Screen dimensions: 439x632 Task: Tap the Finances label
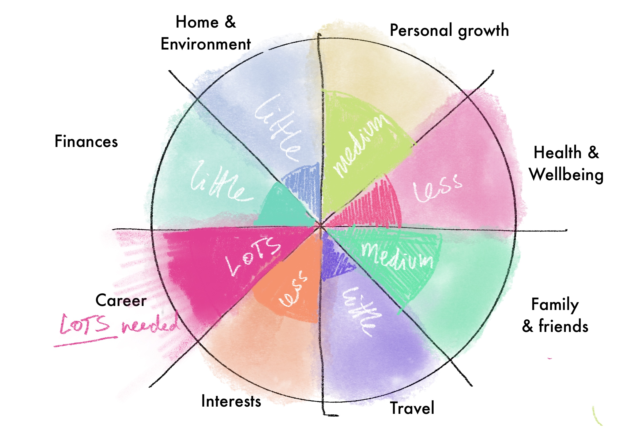coord(86,141)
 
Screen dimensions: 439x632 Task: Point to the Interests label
coord(231,401)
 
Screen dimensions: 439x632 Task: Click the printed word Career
coord(121,300)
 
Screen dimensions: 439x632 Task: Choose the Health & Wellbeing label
coord(566,163)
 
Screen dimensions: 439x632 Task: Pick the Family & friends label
coord(555,315)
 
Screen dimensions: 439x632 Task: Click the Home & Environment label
coord(205,33)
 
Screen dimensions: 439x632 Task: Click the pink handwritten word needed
coord(150,325)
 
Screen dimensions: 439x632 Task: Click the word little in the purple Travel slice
coord(359,311)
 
